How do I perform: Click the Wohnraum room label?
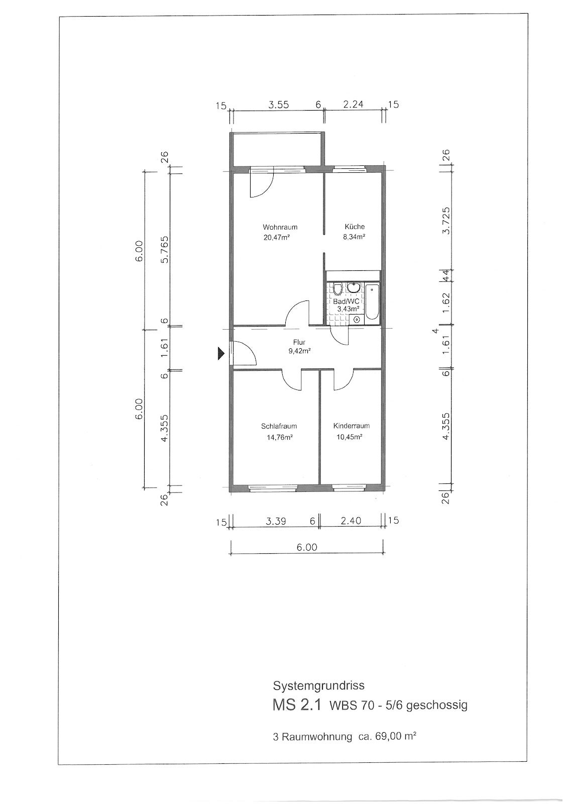pos(280,227)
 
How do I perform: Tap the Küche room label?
pos(355,227)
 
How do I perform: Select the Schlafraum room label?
pos(279,427)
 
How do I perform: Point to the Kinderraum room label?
pos(351,426)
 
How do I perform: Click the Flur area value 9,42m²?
pos(299,351)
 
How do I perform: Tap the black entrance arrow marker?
pos(220,354)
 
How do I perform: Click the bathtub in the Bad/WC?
pos(372,301)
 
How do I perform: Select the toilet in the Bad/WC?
pos(337,289)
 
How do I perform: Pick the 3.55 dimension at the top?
pos(278,105)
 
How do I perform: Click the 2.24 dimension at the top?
pos(353,104)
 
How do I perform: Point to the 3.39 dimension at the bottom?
pos(276,521)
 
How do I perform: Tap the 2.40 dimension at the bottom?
pos(351,521)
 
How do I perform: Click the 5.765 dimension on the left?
pos(165,250)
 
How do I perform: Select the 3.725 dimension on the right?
pos(445,221)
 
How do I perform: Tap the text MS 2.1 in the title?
pos(297,705)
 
